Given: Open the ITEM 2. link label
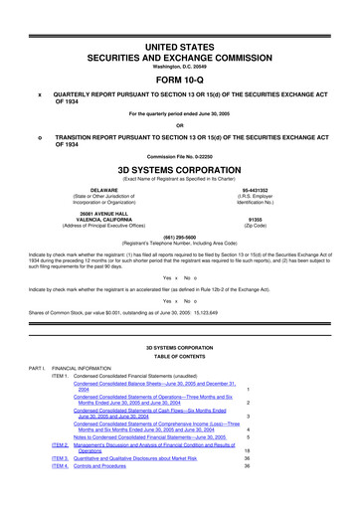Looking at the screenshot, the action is pyautogui.click(x=59, y=473).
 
